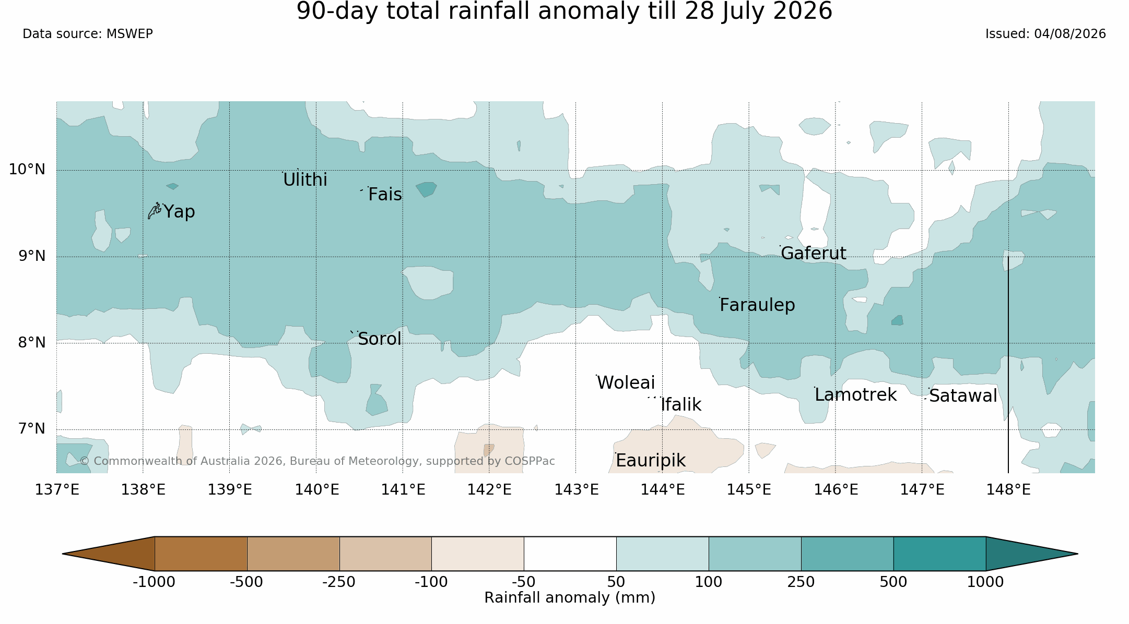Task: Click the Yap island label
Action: coord(179,212)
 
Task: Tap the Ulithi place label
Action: coord(305,180)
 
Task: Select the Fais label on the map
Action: coord(385,195)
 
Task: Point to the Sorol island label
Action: coord(380,339)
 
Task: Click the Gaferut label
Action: coord(813,254)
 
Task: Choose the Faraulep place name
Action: coord(757,305)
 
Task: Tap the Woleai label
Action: coord(626,383)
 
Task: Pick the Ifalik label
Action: coord(681,405)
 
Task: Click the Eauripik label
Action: coord(650,461)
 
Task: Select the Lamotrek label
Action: coord(855,395)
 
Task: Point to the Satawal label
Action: coord(963,396)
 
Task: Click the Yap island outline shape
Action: coord(154,210)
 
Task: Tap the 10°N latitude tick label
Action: coord(27,170)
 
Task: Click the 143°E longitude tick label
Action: coord(576,490)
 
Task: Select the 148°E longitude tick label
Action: coord(1008,490)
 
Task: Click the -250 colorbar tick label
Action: coord(339,582)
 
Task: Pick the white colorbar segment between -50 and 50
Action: coord(570,554)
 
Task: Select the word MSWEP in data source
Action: coord(130,34)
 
